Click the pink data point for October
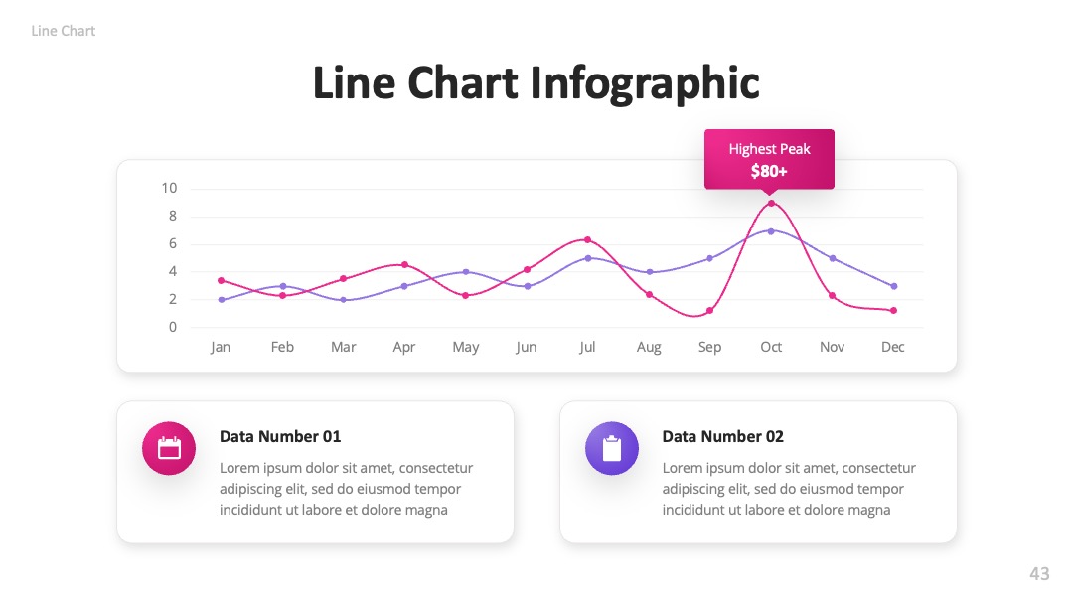pos(771,204)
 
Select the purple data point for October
pos(771,231)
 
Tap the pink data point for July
pos(588,240)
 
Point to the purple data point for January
pos(221,300)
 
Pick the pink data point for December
pos(894,311)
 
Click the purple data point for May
pos(466,272)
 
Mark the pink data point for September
pos(710,311)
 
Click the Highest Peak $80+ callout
pos(769,159)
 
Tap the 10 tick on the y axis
pos(169,188)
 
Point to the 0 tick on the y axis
pos(173,327)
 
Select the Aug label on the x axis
pos(649,348)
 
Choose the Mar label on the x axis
pos(344,347)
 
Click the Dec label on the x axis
pos(893,347)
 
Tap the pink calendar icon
pos(169,448)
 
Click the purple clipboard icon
pos(612,448)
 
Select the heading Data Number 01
pos(280,436)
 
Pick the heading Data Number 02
pos(722,436)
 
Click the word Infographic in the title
pos(645,83)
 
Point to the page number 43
pos(1039,573)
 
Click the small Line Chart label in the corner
pos(63,31)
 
